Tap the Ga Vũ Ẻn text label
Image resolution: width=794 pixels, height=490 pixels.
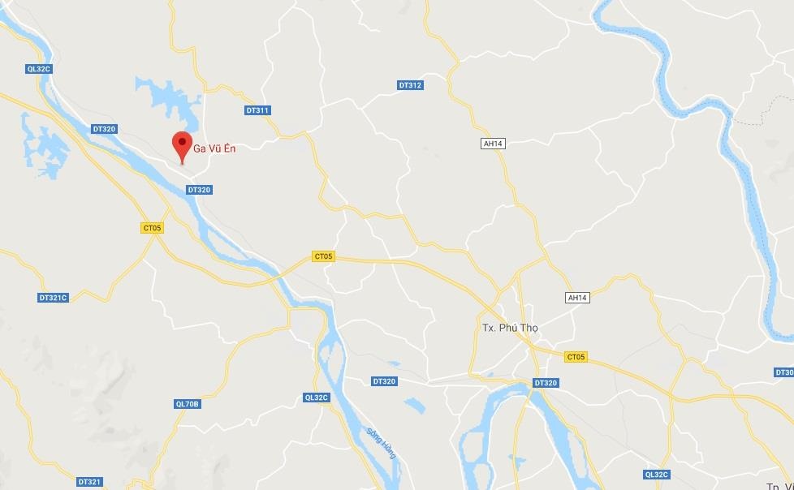214,148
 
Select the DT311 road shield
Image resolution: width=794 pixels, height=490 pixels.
257,110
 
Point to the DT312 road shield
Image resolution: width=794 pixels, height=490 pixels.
410,85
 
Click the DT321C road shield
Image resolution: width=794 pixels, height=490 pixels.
53,298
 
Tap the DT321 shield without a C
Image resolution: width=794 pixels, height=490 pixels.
89,482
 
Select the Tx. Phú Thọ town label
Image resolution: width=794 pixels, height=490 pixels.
510,328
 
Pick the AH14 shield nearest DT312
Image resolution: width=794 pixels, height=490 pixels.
493,144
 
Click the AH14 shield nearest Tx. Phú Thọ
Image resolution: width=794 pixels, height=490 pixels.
576,298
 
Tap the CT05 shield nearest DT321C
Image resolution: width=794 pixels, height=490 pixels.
152,228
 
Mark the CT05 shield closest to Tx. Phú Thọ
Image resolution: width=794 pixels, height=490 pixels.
575,357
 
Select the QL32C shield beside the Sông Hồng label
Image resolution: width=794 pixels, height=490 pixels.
315,398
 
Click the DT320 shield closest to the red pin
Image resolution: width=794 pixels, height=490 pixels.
198,190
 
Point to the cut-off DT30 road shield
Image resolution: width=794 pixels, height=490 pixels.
783,372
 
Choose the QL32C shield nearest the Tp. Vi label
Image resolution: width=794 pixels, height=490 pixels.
656,475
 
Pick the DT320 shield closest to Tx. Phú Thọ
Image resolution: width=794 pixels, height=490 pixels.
546,383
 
